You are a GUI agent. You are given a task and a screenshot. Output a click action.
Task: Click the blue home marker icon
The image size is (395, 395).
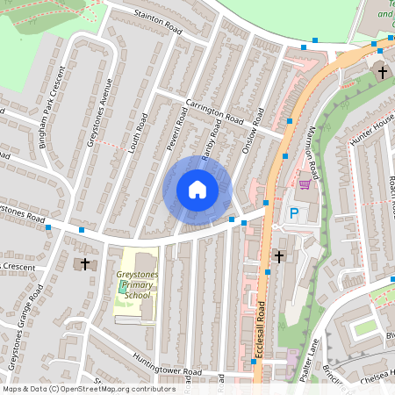point(197,190)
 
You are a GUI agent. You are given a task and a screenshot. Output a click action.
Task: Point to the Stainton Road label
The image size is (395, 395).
point(158,23)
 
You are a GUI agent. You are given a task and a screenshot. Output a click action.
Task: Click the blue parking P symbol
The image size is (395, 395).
point(294,213)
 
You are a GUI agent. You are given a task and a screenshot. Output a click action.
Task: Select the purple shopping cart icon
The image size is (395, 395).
point(305,183)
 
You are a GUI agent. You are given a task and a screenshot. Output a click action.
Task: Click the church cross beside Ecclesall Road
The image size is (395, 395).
point(279,256)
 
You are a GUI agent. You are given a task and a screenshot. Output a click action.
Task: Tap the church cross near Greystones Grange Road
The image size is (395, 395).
point(85,262)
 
